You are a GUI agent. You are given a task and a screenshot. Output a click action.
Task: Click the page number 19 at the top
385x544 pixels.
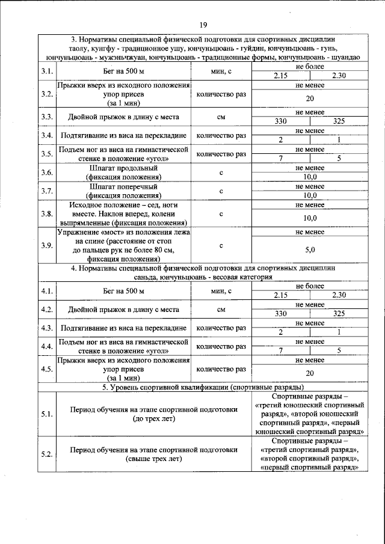[203, 25]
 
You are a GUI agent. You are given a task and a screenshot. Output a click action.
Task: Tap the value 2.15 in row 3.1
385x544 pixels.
[280, 76]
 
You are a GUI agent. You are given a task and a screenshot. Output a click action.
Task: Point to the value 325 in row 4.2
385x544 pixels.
[339, 313]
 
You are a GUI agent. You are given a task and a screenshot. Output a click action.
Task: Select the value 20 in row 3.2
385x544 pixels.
[310, 99]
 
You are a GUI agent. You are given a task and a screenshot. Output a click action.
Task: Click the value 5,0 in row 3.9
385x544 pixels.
[310, 249]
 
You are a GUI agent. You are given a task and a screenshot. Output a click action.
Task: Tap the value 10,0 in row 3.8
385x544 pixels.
[310, 218]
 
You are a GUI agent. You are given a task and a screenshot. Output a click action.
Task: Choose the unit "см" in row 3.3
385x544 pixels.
[221, 117]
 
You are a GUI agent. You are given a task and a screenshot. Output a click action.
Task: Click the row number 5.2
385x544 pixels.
[47, 454]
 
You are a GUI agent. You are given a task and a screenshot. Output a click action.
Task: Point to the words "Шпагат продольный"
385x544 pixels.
[123, 169]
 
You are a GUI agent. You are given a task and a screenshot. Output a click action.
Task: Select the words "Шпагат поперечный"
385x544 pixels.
[123, 187]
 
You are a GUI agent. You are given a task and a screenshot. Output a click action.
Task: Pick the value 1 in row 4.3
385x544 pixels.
[339, 332]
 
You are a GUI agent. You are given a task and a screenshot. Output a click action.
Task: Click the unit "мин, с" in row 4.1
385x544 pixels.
[221, 291]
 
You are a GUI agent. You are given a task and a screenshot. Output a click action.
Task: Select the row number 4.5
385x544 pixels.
[47, 369]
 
